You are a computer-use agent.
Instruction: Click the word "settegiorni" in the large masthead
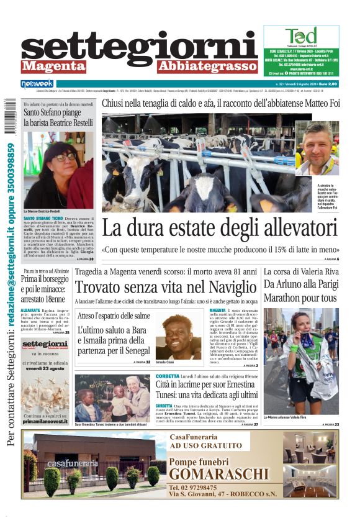click(139, 47)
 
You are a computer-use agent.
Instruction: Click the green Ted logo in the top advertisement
click(300, 35)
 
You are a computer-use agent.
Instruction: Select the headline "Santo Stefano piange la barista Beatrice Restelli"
click(58, 117)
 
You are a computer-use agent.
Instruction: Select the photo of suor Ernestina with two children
click(112, 398)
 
